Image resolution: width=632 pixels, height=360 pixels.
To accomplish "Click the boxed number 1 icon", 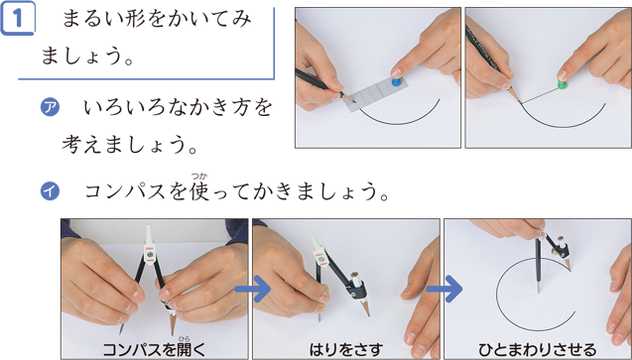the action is click(17, 18).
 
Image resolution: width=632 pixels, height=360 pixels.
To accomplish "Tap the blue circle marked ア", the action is click(50, 108).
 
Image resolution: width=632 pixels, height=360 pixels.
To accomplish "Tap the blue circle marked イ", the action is click(50, 190).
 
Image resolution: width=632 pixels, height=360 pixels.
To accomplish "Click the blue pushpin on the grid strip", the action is click(397, 82).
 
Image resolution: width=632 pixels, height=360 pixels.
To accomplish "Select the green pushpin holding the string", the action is click(563, 84).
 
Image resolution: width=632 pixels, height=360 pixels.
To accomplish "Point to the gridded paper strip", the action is click(376, 92).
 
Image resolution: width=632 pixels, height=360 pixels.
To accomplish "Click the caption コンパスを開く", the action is click(155, 349).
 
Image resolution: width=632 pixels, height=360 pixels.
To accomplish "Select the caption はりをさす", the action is click(346, 349).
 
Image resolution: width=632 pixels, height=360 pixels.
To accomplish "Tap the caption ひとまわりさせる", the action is click(538, 349).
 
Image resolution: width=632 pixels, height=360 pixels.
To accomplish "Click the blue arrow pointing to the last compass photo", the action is click(443, 289).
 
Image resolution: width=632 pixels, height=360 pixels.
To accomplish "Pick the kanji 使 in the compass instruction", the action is click(199, 191).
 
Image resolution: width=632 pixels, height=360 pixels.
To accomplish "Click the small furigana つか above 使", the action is click(199, 176).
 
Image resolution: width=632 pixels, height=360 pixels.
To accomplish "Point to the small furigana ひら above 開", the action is click(184, 338).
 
